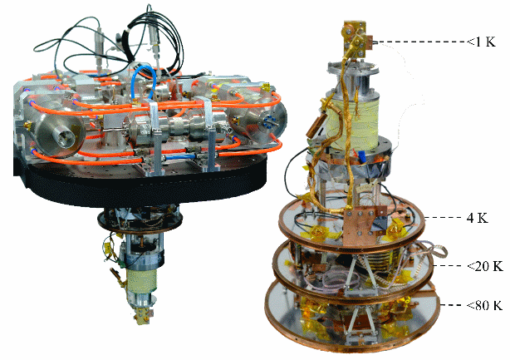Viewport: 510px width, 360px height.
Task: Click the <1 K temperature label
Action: [x=482, y=42]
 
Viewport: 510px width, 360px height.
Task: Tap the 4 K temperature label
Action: [x=478, y=218]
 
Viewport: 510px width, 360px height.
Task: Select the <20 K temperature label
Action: [x=484, y=266]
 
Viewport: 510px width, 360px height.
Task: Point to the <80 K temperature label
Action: [x=484, y=305]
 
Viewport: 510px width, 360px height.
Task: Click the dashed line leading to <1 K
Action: [x=420, y=42]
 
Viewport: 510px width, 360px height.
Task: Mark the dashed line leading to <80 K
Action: [x=453, y=305]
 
